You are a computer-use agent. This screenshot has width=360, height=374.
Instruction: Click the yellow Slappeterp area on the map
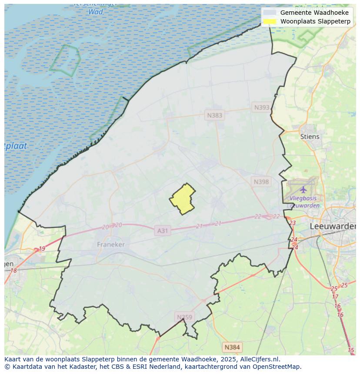pos(183,199)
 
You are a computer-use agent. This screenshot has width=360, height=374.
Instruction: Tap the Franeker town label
pos(110,245)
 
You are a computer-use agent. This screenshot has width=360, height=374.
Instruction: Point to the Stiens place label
pos(310,136)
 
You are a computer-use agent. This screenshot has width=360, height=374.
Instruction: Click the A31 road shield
pos(162,231)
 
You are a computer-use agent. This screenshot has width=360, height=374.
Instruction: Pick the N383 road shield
pos(214,115)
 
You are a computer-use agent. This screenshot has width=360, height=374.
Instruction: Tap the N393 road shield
pos(262,107)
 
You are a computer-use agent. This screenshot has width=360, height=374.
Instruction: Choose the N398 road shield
pos(261,182)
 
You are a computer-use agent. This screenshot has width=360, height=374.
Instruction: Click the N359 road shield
pos(184,317)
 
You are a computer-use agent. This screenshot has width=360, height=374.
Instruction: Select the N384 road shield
pos(232,347)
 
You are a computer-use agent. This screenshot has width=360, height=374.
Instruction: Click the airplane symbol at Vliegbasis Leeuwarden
pos(303,189)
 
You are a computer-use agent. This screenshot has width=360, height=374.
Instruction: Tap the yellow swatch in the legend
pos(270,21)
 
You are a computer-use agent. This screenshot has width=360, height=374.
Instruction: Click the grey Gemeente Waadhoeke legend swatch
pos(270,13)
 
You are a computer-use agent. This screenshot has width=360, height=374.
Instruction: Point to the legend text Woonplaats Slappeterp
pos(315,21)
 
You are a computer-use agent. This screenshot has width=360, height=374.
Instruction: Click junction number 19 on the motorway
pos(42,249)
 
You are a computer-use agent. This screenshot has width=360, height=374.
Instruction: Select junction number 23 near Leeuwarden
pos(292,223)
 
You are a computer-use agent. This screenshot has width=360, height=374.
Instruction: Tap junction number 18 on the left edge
pos(13,271)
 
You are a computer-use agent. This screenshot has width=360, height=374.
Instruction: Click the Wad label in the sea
pos(95,12)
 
